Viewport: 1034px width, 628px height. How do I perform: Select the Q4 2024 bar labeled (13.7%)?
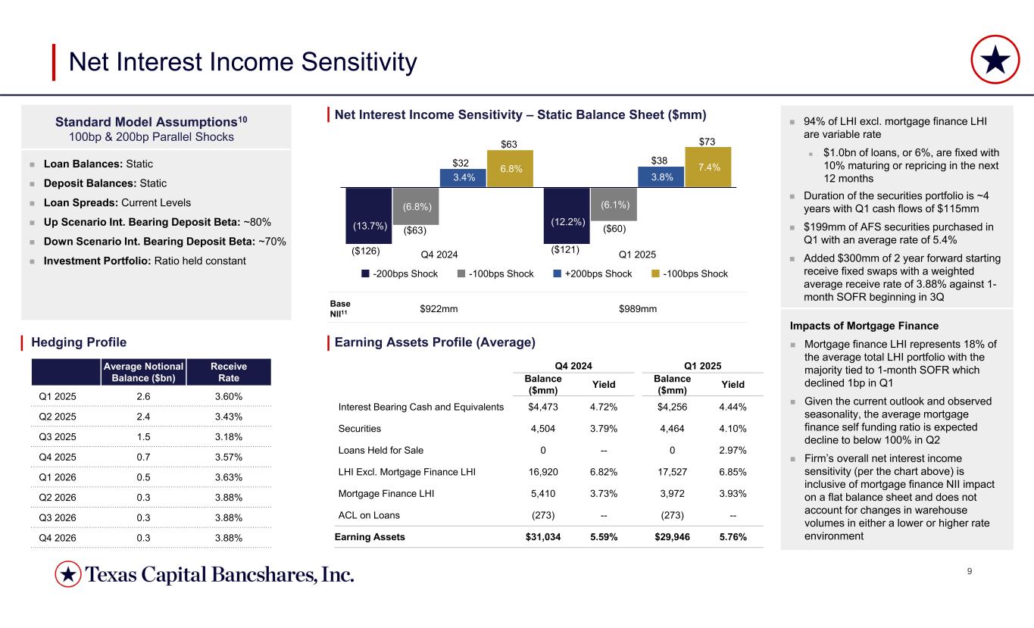coord(368,217)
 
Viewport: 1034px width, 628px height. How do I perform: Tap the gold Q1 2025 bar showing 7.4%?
coord(708,167)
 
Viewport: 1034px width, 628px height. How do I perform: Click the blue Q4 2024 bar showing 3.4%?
coord(463,177)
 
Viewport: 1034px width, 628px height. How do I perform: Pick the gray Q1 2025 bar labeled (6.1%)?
coord(613,205)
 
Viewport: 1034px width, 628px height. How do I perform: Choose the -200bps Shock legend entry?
coord(399,273)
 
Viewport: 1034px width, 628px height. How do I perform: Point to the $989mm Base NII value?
coord(638,308)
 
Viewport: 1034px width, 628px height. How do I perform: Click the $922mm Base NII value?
coord(439,308)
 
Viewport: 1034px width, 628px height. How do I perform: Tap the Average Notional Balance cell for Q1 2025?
coord(149,396)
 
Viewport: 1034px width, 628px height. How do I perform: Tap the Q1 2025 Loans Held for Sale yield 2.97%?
coord(732,450)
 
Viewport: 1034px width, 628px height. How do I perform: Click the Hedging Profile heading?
coord(79,342)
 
